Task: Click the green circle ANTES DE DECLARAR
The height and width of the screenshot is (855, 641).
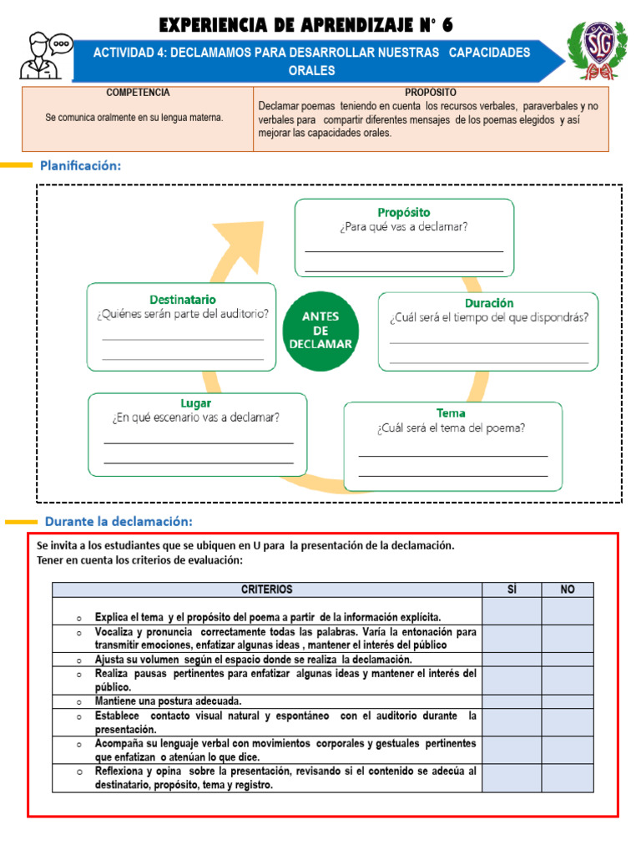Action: point(321,330)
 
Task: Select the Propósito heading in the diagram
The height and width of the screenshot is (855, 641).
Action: point(404,212)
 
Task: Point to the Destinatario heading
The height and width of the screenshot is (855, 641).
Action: point(182,299)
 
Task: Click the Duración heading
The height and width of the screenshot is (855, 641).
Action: point(488,303)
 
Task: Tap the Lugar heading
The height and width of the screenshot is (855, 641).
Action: point(195,402)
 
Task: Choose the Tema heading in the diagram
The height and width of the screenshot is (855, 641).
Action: point(451,412)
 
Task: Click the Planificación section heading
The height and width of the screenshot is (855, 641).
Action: point(80,165)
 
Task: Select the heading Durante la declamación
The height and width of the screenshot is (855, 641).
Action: point(119,522)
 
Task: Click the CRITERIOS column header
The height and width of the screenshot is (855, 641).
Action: point(267,589)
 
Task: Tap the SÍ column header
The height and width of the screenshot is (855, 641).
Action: point(512,589)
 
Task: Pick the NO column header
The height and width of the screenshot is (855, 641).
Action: point(568,589)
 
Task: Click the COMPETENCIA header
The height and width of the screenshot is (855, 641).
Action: point(138,92)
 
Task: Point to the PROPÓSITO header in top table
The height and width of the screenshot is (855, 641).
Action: point(430,92)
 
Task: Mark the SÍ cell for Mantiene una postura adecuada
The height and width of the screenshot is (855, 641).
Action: point(512,701)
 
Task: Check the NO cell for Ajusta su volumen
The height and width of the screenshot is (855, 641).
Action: point(568,660)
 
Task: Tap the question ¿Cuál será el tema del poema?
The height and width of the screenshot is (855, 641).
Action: point(451,428)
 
